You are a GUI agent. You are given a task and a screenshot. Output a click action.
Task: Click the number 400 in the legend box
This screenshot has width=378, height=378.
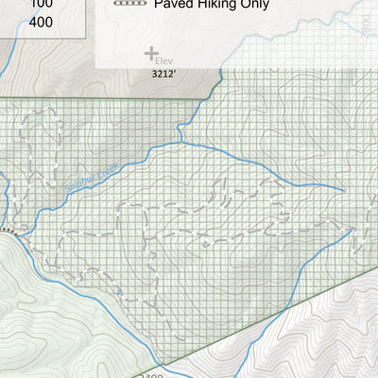(42, 21)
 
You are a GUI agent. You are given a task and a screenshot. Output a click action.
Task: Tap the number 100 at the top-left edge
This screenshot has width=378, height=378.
(42, 4)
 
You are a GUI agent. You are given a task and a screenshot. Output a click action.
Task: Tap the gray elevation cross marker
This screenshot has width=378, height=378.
(150, 54)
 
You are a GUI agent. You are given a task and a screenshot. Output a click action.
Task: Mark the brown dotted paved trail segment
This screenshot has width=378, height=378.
(9, 230)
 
